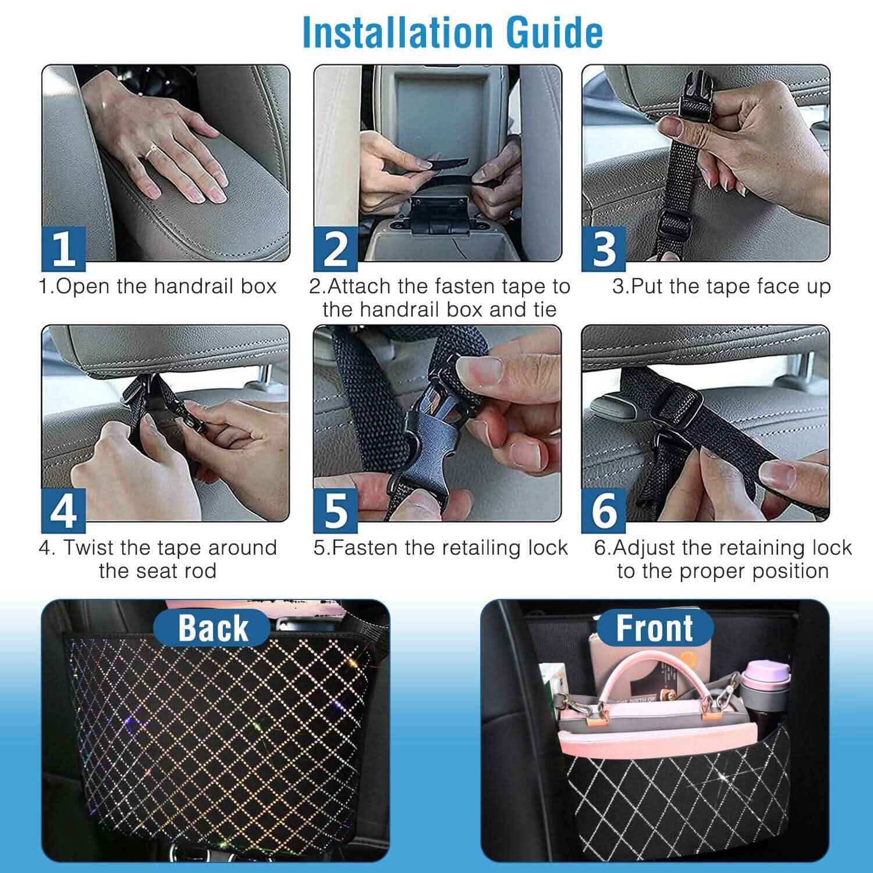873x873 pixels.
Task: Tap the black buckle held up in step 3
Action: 695,100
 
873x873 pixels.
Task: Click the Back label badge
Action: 212,628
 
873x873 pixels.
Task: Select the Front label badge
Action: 655,628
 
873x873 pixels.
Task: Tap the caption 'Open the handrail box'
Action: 158,286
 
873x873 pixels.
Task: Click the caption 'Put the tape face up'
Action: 721,286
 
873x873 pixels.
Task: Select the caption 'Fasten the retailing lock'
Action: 441,548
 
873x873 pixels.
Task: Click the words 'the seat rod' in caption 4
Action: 158,570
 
